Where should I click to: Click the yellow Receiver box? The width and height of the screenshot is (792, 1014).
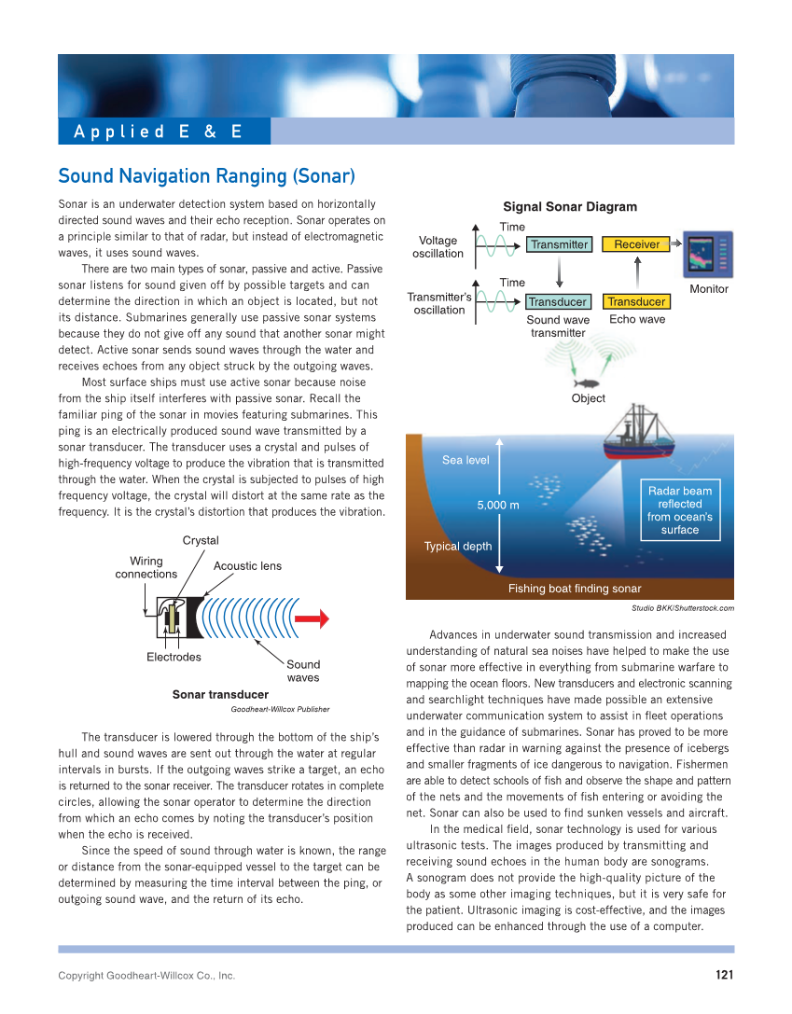point(637,244)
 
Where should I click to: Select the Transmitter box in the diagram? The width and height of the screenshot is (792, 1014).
point(559,244)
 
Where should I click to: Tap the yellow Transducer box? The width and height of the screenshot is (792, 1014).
point(636,301)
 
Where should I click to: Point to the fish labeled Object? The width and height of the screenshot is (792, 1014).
point(588,382)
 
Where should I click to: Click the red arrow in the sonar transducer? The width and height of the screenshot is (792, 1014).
point(312,618)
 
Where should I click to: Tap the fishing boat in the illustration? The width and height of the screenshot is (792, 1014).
point(641,435)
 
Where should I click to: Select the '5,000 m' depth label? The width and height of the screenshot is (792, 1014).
point(498,505)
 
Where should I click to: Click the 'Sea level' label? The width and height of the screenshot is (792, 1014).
point(465,460)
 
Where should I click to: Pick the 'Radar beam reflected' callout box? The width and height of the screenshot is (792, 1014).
point(679,510)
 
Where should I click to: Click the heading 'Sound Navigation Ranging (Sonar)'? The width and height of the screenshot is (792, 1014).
point(206,176)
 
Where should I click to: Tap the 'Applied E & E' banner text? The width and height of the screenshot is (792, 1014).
point(158,132)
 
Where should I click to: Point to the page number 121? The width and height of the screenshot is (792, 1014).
point(725,975)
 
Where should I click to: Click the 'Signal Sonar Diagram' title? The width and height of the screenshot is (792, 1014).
point(570,207)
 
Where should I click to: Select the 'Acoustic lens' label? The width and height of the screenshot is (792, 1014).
point(247,566)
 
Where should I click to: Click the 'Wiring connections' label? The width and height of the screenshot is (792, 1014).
point(146,567)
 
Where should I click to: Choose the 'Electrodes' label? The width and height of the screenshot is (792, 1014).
point(174,657)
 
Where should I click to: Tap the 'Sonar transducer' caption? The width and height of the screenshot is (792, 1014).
point(220,694)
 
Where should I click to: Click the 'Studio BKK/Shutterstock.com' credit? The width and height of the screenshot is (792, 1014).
point(682,608)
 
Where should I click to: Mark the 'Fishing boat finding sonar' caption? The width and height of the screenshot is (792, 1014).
point(574,589)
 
